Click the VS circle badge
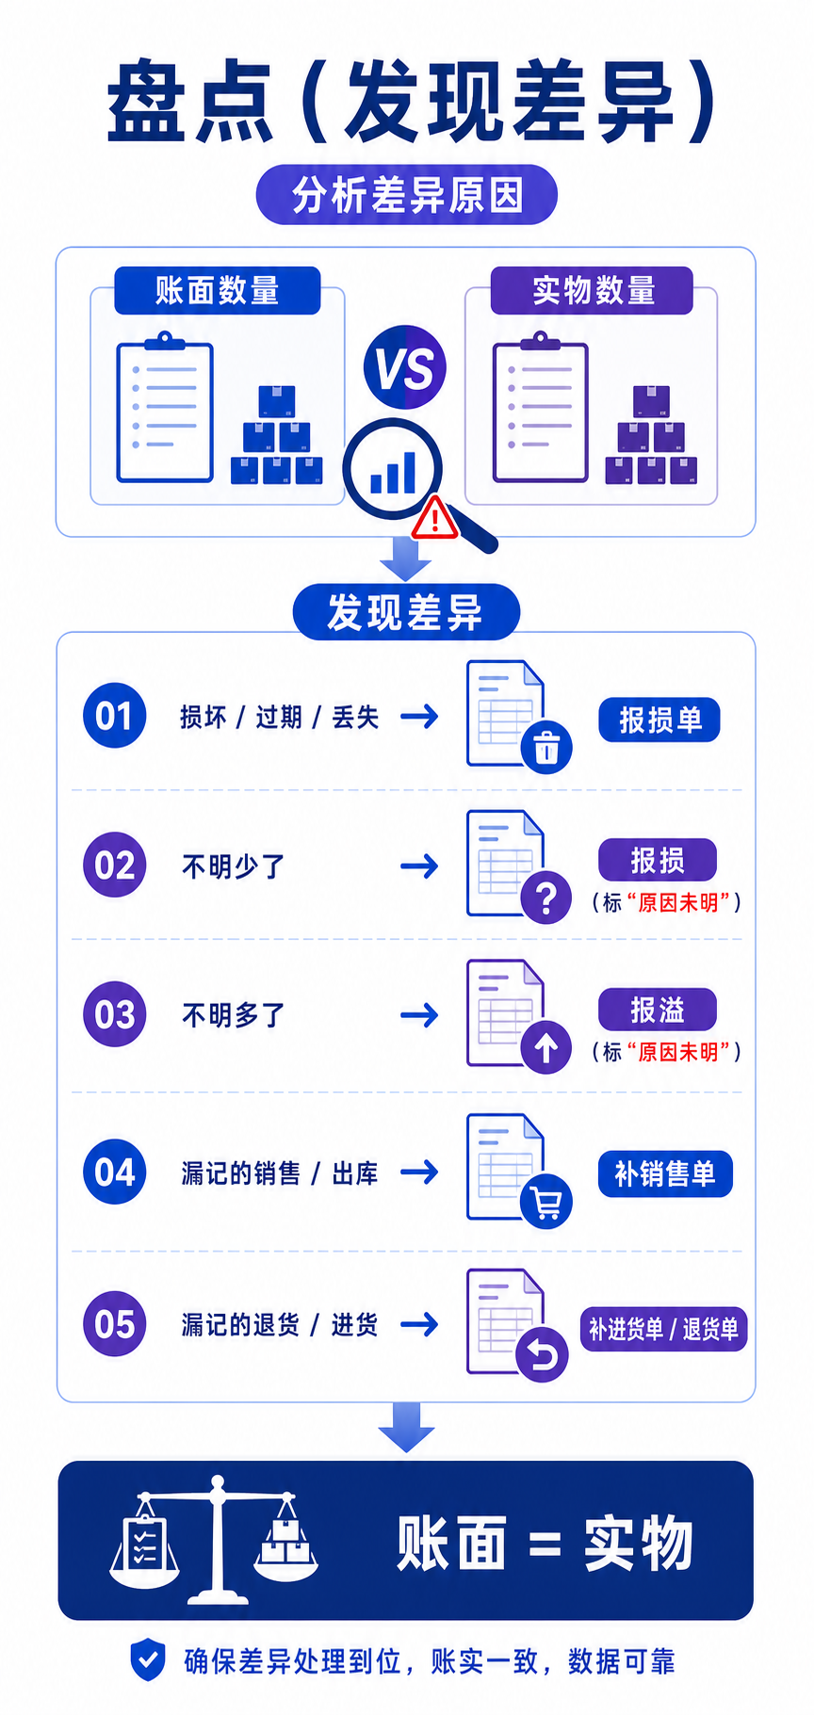(405, 367)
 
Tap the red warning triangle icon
(434, 518)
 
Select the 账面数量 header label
(218, 290)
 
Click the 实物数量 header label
(593, 290)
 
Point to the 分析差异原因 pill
(407, 195)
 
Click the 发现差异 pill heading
(406, 612)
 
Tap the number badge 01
(114, 716)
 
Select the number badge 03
(114, 1014)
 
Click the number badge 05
(114, 1324)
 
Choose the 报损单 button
(659, 720)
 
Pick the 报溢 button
(658, 1011)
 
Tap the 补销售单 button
(665, 1173)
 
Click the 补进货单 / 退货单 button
(663, 1329)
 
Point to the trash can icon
(546, 748)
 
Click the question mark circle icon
(546, 897)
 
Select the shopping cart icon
(546, 1202)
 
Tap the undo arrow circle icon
(543, 1356)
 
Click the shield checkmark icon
(147, 1659)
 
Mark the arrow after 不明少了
(419, 866)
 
